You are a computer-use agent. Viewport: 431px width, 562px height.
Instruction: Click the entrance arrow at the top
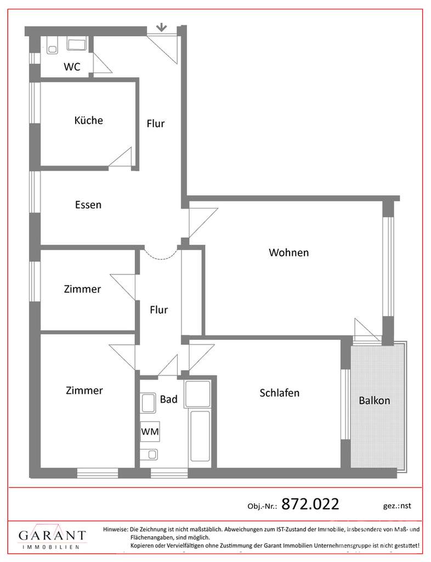click(161, 26)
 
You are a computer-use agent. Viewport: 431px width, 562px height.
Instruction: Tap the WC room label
click(72, 67)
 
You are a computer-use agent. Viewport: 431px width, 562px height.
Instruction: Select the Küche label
click(88, 120)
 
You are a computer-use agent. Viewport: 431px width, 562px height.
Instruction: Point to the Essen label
click(88, 205)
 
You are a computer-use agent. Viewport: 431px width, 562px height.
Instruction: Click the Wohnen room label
click(288, 252)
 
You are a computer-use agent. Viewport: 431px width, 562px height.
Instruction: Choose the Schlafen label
click(279, 393)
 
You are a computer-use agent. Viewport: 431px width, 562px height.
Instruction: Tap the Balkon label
click(375, 401)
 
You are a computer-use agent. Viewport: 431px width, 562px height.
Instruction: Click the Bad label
click(168, 400)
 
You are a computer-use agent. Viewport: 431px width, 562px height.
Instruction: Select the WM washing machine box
click(150, 432)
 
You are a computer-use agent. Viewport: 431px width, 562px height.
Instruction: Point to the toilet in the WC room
click(53, 47)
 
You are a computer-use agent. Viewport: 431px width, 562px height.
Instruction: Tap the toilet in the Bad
click(150, 454)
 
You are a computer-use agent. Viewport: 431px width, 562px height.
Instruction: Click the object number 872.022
click(310, 503)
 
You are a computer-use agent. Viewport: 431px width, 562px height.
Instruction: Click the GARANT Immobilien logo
click(52, 538)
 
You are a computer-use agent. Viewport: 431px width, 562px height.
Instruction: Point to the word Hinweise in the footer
click(115, 529)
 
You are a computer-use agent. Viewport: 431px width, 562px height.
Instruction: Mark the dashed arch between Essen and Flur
click(159, 255)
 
